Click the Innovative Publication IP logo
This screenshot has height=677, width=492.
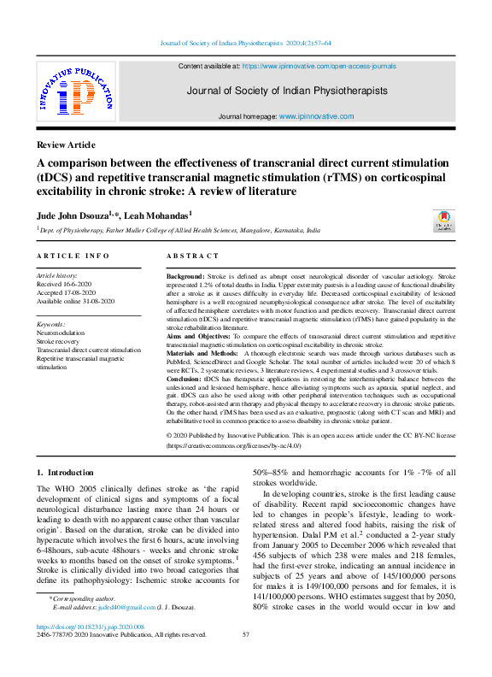(74, 90)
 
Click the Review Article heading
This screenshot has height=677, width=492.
(67, 144)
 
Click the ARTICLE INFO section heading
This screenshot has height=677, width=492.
(73, 256)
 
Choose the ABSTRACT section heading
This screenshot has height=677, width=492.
(192, 256)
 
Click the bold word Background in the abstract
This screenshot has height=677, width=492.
(184, 278)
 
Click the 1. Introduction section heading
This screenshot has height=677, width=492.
(65, 472)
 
